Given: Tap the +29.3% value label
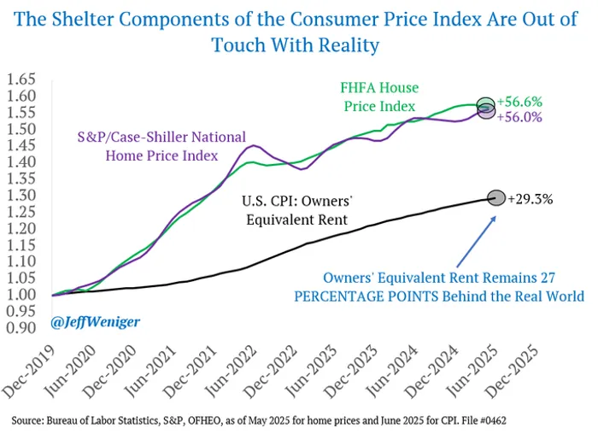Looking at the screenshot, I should pyautogui.click(x=530, y=199).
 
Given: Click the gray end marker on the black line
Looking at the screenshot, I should pyautogui.click(x=495, y=198).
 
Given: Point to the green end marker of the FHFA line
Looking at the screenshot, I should pyautogui.click(x=486, y=104).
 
